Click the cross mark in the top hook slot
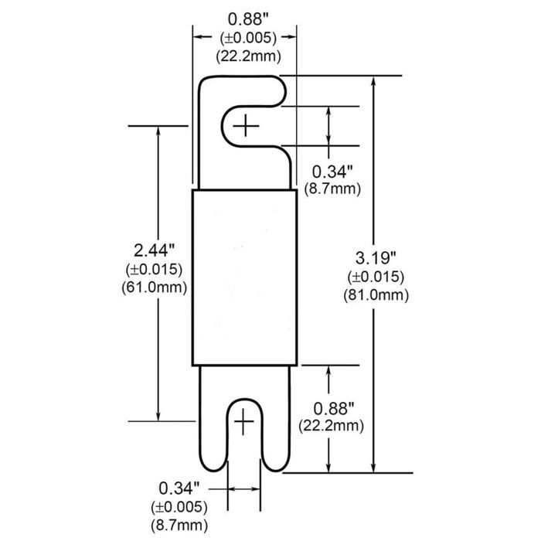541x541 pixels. (x=246, y=124)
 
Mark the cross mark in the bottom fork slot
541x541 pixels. (x=243, y=420)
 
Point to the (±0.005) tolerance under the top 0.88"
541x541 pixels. (x=244, y=38)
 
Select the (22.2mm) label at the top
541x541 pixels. (x=244, y=55)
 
